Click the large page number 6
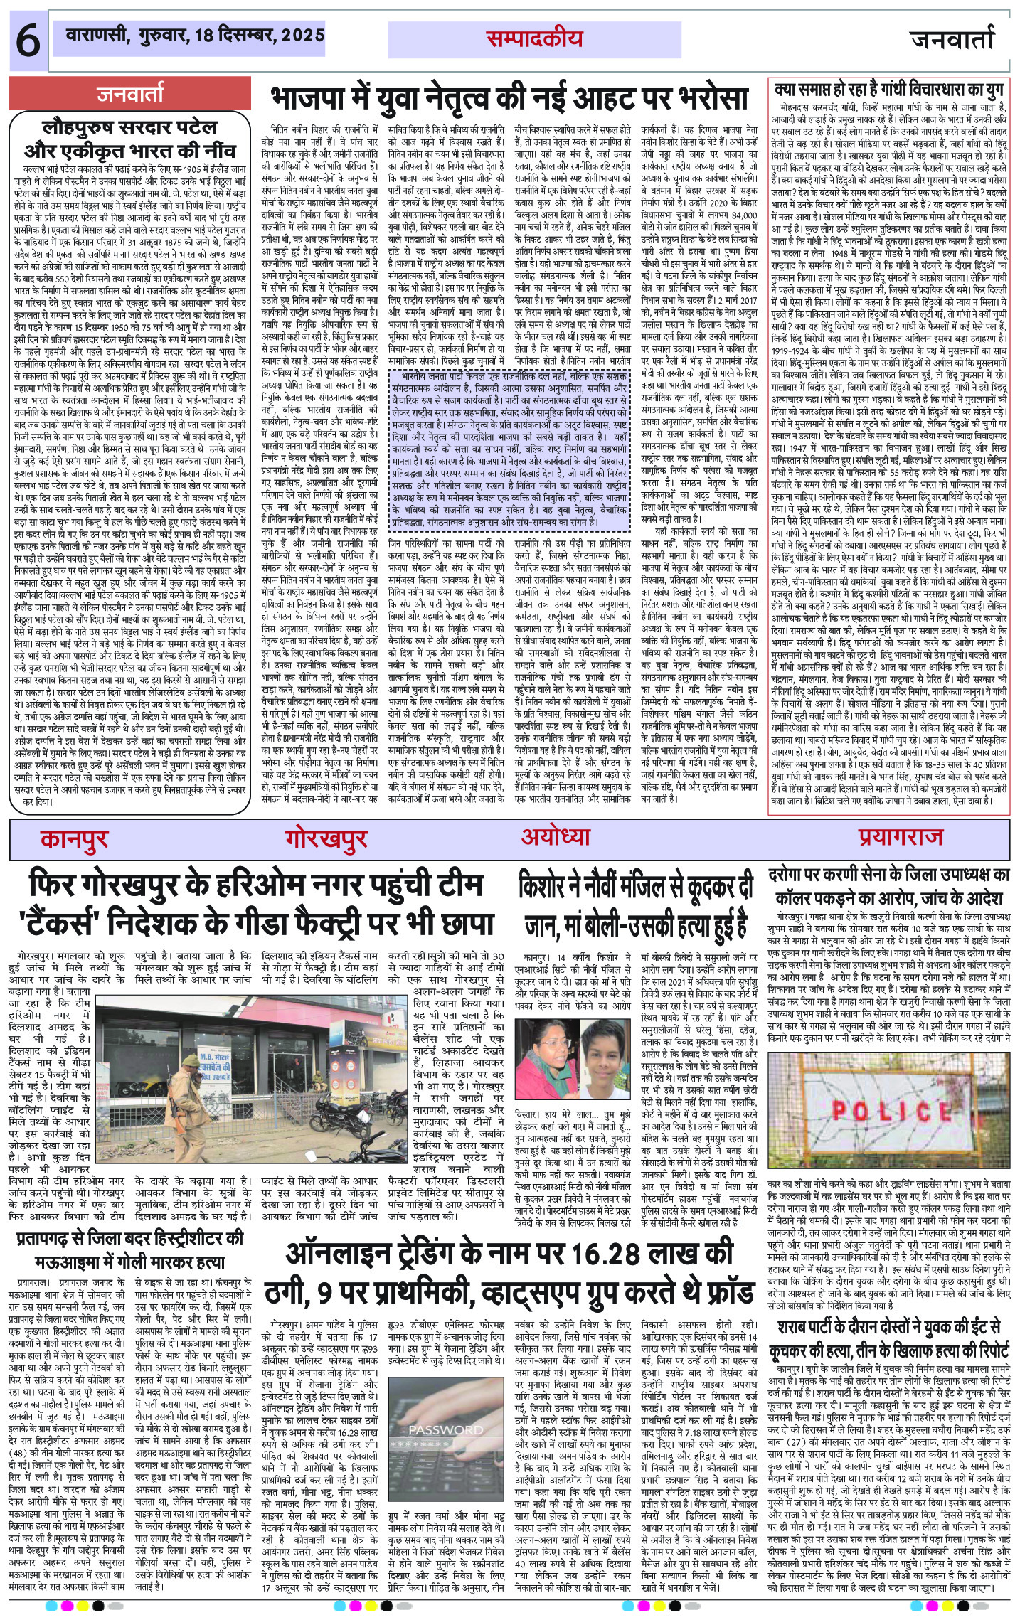click(27, 42)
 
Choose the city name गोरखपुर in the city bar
click(326, 838)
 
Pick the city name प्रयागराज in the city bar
click(900, 836)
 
